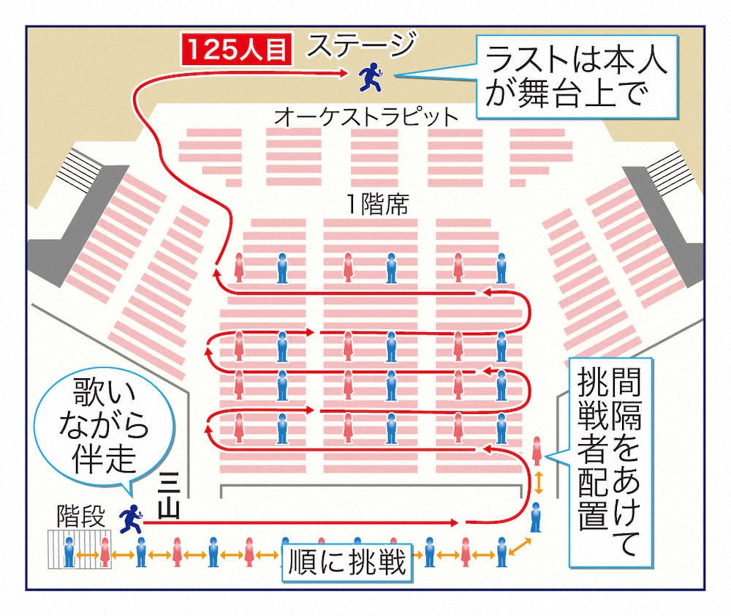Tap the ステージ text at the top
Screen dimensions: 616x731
(360, 45)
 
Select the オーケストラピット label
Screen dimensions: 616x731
(367, 116)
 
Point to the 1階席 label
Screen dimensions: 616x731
(378, 204)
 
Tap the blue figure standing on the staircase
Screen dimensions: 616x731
(69, 552)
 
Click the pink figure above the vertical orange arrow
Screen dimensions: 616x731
(538, 451)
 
